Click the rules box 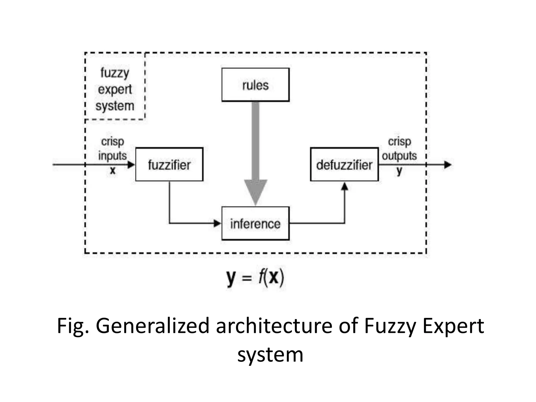(255, 85)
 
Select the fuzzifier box (169, 164)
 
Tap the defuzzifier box (344, 164)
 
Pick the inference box (255, 224)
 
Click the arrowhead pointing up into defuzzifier (345, 186)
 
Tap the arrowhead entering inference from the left (217, 224)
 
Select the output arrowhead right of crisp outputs (448, 165)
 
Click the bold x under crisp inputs (113, 171)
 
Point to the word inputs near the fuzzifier (113, 156)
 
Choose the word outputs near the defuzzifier (399, 156)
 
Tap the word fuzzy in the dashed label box (115, 72)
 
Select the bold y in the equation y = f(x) (231, 278)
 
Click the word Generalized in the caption (153, 326)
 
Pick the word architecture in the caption (274, 326)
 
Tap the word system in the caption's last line (270, 355)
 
